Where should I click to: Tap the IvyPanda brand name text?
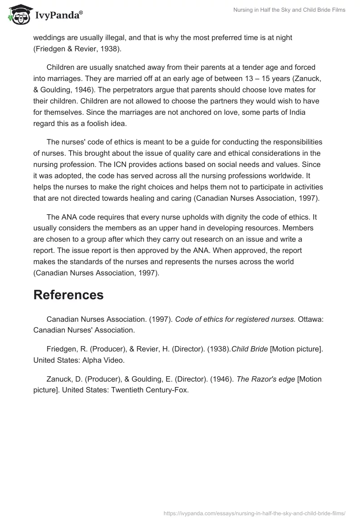pos(58,16)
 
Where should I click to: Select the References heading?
pos(68,295)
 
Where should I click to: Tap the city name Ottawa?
pos(311,319)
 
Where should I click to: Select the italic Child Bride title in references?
pos(249,349)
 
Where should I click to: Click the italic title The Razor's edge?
pos(265,379)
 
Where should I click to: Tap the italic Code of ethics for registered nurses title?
pos(235,319)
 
